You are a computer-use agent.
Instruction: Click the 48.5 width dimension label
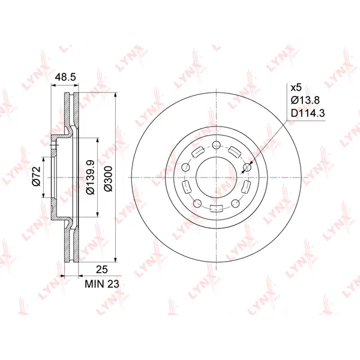65,77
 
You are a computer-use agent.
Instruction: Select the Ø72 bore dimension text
37,176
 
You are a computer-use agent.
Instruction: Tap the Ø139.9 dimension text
90,177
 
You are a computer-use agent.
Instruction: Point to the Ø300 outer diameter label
109,178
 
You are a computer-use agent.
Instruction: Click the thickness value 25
102,269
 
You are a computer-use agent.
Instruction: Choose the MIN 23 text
102,284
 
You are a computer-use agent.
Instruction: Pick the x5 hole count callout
296,88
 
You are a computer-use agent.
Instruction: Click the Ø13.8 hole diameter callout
305,100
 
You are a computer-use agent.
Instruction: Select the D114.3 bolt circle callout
308,113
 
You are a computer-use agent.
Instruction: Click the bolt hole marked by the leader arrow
247,167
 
